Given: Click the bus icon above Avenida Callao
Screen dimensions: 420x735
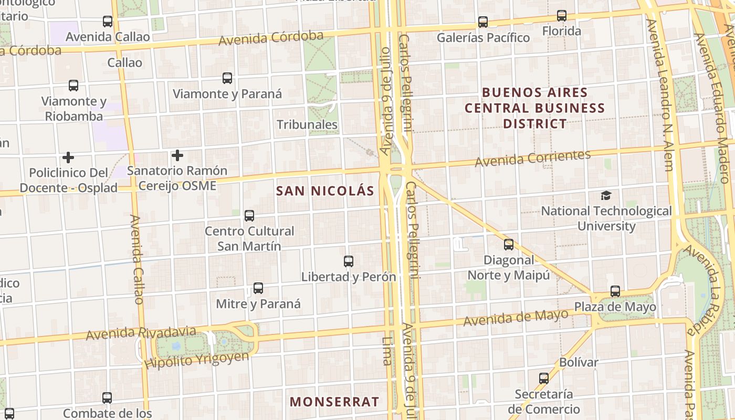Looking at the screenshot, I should tap(108, 22).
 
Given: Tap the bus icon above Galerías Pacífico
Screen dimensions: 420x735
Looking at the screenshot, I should tap(483, 22).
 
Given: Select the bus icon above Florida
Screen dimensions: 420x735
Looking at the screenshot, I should tap(562, 16).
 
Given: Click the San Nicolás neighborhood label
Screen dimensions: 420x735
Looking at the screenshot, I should tap(325, 191).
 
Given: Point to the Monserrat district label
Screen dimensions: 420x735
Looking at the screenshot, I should tap(334, 402).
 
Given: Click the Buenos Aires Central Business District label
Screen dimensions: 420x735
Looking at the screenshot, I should tap(534, 108).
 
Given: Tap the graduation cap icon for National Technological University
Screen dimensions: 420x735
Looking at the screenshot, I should tap(606, 196).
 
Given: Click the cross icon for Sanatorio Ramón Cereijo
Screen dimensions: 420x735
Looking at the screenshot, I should tap(177, 155).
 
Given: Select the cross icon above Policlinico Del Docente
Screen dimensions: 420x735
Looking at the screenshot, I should tap(68, 157).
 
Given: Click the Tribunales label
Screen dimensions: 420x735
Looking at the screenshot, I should tap(307, 125).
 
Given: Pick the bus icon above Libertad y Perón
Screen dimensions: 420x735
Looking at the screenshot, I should tap(348, 261).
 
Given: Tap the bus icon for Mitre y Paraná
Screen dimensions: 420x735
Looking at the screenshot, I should tap(258, 288).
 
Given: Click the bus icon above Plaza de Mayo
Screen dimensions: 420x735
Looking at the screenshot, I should tap(615, 291).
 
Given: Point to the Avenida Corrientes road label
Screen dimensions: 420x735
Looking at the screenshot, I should tap(532, 159).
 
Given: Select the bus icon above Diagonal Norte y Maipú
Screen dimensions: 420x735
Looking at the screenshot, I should tap(509, 245).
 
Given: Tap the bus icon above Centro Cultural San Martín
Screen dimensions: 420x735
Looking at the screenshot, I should tap(249, 216).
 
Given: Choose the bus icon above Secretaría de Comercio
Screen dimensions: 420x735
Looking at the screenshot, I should tap(544, 379).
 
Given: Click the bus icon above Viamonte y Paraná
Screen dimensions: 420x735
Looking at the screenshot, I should tap(227, 79).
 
